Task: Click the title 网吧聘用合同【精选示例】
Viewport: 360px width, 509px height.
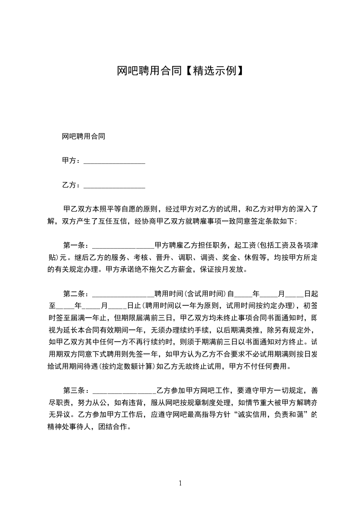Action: click(180, 71)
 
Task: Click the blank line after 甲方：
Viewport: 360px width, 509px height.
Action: click(114, 161)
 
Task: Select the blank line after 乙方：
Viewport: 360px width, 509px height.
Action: click(114, 185)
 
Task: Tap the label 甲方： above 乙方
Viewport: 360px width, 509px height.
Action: click(71, 161)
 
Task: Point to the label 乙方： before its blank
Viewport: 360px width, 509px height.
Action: click(71, 185)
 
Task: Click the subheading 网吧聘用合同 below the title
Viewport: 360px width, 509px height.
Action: click(84, 136)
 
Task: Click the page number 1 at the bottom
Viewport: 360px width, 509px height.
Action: click(180, 483)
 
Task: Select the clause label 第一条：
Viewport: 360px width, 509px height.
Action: click(77, 245)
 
